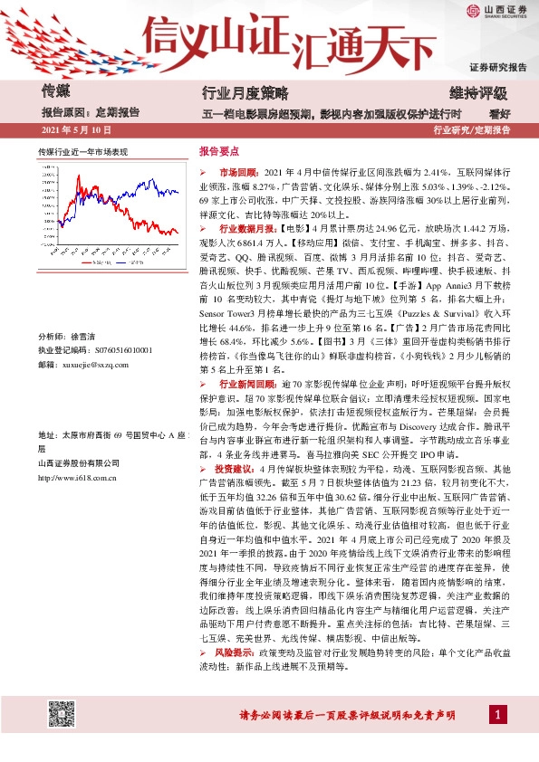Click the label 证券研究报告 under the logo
click(x=497, y=68)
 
